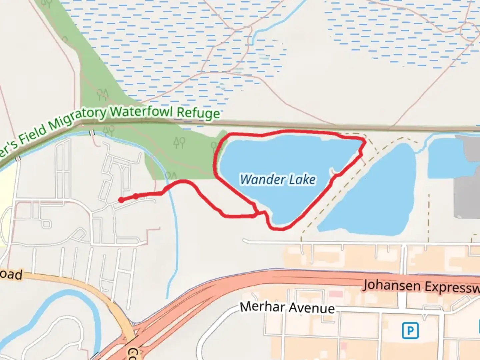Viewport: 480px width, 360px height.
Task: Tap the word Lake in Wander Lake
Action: pyautogui.click(x=302, y=180)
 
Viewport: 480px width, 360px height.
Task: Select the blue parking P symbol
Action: pyautogui.click(x=410, y=331)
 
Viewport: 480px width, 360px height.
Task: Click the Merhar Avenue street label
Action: pyautogui.click(x=287, y=307)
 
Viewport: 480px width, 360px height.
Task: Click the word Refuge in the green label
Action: pyautogui.click(x=198, y=113)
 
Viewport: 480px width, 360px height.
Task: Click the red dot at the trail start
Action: pyautogui.click(x=121, y=200)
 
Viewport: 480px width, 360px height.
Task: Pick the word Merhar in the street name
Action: pyautogui.click(x=262, y=306)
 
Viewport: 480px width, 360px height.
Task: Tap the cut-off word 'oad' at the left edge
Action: pyautogui.click(x=11, y=274)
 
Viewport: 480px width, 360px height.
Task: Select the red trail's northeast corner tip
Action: pyautogui.click(x=365, y=141)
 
